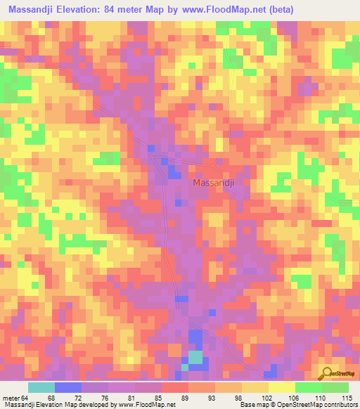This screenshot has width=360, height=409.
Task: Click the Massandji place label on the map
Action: click(214, 183)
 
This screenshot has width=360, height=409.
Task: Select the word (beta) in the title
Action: click(278, 9)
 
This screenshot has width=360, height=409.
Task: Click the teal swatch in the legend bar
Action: click(41, 388)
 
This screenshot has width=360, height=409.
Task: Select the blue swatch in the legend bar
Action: click(68, 388)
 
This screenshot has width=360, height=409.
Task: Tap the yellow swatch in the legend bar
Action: click(282, 388)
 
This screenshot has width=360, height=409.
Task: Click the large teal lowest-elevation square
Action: click(195, 357)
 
